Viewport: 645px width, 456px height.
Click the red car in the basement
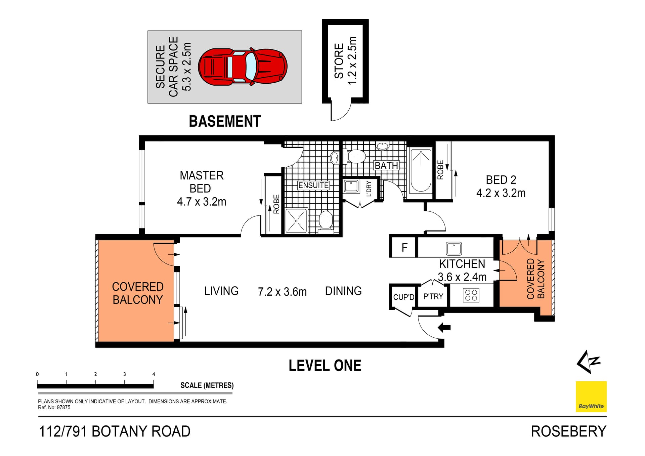[243, 67]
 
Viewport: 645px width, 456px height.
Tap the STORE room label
[339, 61]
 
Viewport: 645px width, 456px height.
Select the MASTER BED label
[202, 182]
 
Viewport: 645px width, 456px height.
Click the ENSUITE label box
[313, 185]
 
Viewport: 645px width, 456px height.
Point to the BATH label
[386, 166]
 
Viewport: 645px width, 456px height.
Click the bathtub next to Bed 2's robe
[421, 170]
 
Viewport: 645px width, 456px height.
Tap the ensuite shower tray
[296, 221]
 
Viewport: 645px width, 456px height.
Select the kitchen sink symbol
[454, 249]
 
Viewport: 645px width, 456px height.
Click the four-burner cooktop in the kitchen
[471, 295]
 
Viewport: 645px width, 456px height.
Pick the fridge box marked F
[404, 248]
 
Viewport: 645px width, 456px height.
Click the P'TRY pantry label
[433, 296]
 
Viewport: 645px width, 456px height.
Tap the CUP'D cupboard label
[403, 297]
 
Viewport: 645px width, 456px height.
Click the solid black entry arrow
[444, 327]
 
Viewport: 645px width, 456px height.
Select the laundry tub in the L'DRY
[351, 186]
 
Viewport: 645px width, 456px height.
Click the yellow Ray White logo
[591, 397]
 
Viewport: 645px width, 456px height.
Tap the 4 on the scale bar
[154, 374]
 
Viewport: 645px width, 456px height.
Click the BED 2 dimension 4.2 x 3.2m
[501, 193]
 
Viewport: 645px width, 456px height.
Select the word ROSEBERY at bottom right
[568, 431]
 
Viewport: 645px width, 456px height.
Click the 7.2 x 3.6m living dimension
[282, 292]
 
